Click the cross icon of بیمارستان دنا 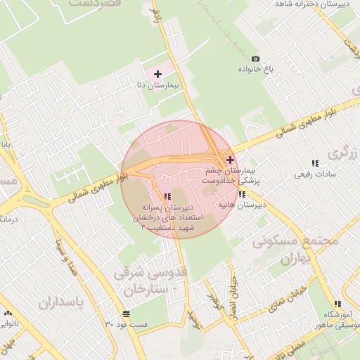(x=157, y=74)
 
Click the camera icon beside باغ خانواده (x=255, y=58)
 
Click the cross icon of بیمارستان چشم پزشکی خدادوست (x=230, y=160)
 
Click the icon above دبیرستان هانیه (x=242, y=194)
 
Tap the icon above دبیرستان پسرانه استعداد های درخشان (x=167, y=197)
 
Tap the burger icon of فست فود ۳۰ (x=126, y=314)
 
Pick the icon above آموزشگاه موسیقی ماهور (x=338, y=304)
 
